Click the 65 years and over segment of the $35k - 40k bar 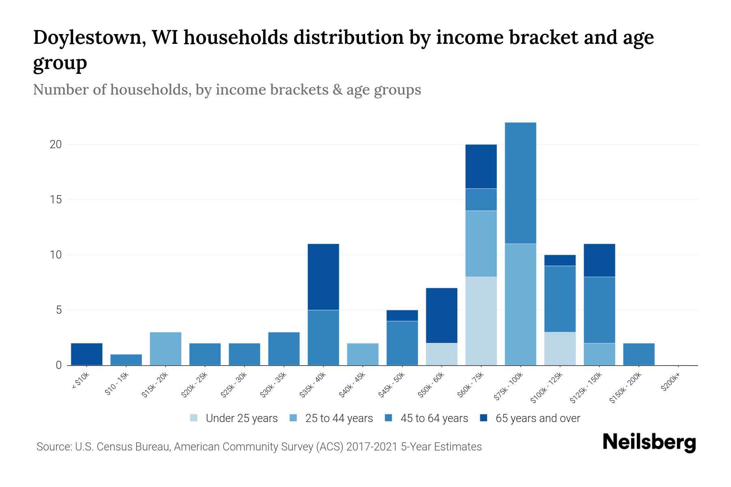pos(323,277)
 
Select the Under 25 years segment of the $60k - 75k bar pos(481,321)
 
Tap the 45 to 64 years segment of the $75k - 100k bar pos(520,183)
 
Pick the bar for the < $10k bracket pos(87,354)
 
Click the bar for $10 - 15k pos(126,360)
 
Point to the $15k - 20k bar pos(165,349)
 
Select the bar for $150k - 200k pos(638,354)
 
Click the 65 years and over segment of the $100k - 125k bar pos(560,260)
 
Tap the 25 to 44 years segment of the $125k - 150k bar pos(599,354)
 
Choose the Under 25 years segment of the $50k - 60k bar pos(441,354)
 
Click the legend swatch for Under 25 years pos(194,418)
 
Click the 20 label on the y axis pos(56,144)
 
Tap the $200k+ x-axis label pos(670,383)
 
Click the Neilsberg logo pos(649,442)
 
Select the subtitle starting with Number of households pos(227,90)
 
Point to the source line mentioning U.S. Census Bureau pos(259,447)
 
